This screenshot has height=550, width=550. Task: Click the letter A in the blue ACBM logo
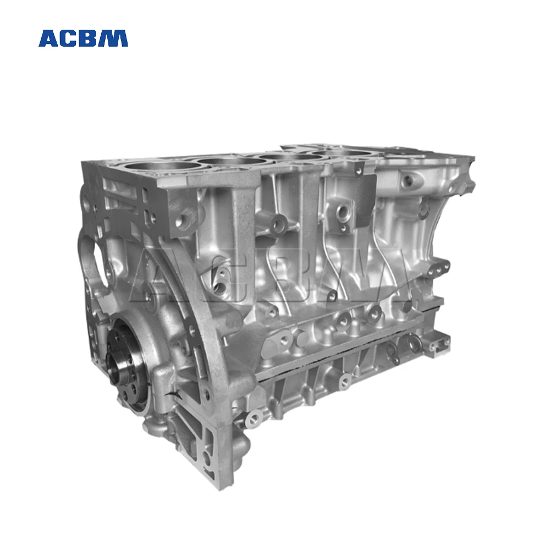(49, 38)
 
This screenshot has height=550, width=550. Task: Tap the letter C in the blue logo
(69, 38)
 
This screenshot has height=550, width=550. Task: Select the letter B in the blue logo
(90, 38)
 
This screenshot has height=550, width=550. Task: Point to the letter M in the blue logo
(114, 38)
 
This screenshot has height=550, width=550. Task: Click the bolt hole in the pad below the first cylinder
(182, 221)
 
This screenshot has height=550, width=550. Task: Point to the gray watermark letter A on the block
(159, 275)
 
